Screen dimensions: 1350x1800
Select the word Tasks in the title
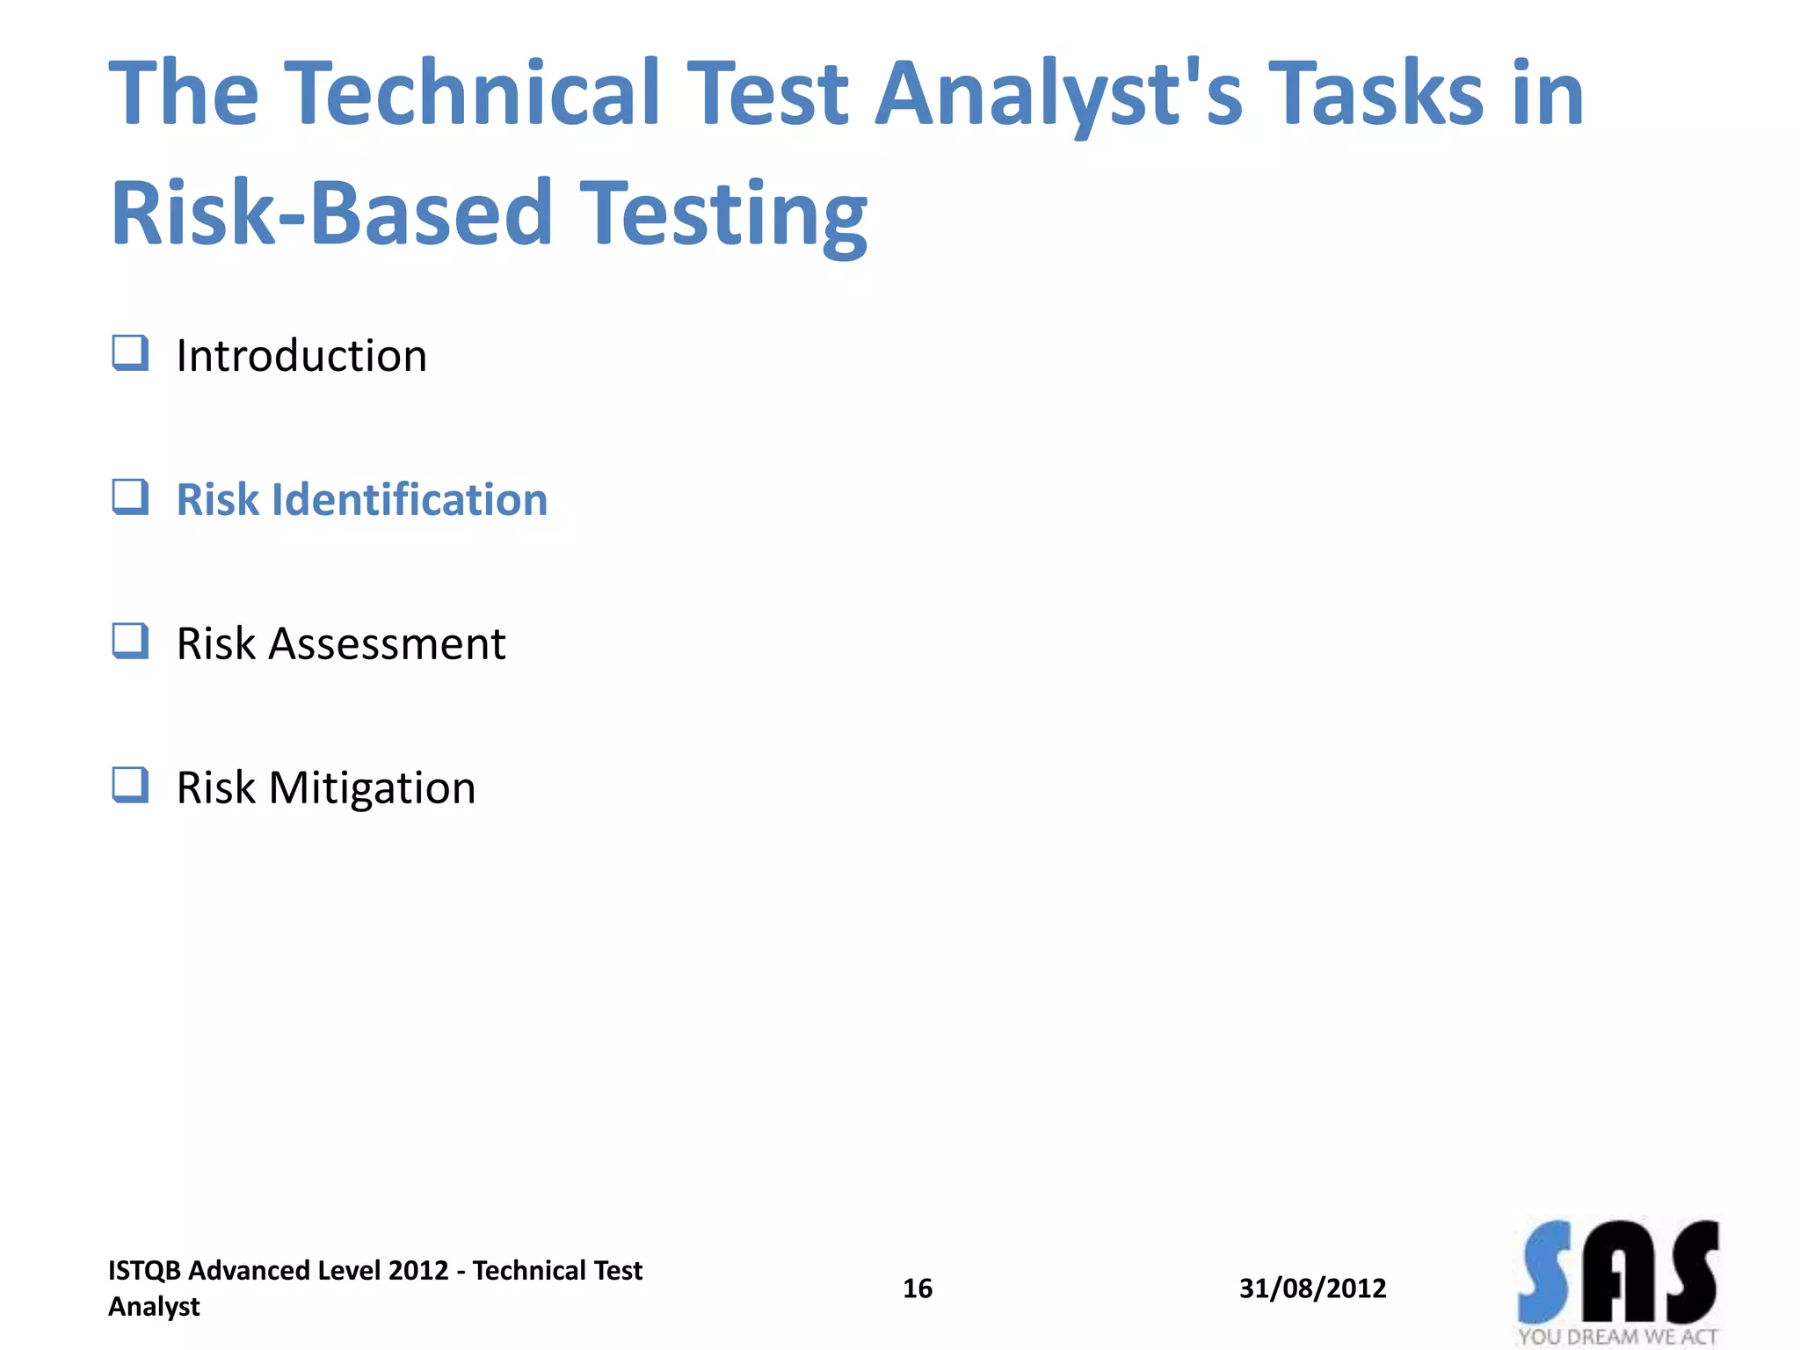click(1379, 92)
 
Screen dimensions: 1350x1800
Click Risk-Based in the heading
click(331, 213)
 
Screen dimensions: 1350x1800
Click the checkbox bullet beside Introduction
click(130, 353)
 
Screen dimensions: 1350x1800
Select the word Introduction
click(301, 356)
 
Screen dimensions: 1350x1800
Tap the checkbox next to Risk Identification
click(130, 497)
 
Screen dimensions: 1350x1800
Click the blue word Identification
click(410, 499)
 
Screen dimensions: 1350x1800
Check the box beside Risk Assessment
click(130, 641)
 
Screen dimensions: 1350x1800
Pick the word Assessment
click(387, 643)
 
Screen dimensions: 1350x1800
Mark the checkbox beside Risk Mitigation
click(130, 785)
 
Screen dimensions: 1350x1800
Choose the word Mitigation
click(372, 787)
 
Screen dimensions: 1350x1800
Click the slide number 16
click(918, 1288)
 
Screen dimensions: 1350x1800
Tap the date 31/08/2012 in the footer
click(1312, 1288)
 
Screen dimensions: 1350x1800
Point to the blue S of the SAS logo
click(1545, 1273)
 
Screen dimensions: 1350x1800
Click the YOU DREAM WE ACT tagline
click(1617, 1337)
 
